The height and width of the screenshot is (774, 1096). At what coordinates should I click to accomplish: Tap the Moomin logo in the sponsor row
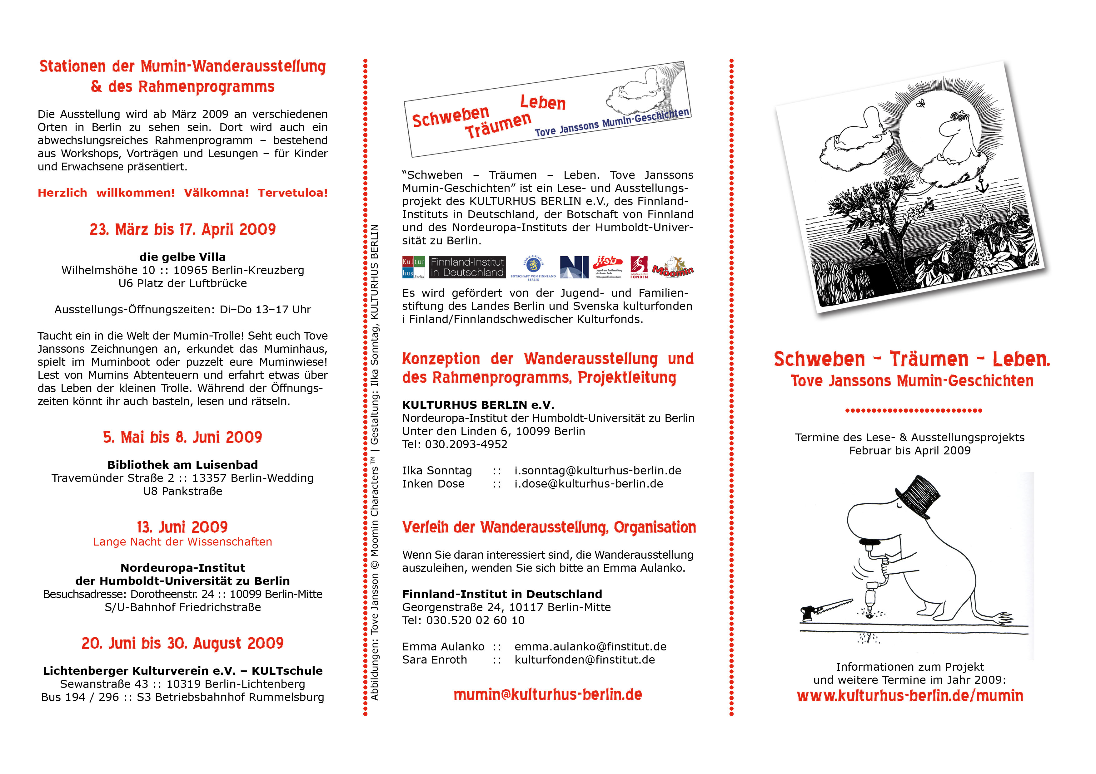673,267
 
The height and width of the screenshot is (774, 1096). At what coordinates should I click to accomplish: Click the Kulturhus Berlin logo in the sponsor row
413,267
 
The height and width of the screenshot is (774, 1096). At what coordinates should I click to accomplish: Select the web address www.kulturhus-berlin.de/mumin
910,696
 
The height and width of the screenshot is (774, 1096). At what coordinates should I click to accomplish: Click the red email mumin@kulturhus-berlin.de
547,694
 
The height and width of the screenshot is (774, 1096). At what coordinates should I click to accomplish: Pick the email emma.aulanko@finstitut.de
590,647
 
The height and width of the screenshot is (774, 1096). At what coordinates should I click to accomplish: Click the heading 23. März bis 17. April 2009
182,229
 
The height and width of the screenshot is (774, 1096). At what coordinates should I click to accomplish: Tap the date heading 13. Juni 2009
182,527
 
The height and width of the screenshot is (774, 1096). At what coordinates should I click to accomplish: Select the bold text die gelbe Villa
182,257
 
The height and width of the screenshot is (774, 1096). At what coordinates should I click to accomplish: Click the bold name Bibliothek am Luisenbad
182,465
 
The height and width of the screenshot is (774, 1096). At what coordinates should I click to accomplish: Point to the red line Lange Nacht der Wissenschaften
182,542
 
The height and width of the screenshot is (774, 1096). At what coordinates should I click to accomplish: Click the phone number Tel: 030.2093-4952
455,444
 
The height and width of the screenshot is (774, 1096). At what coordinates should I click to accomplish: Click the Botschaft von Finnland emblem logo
533,267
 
